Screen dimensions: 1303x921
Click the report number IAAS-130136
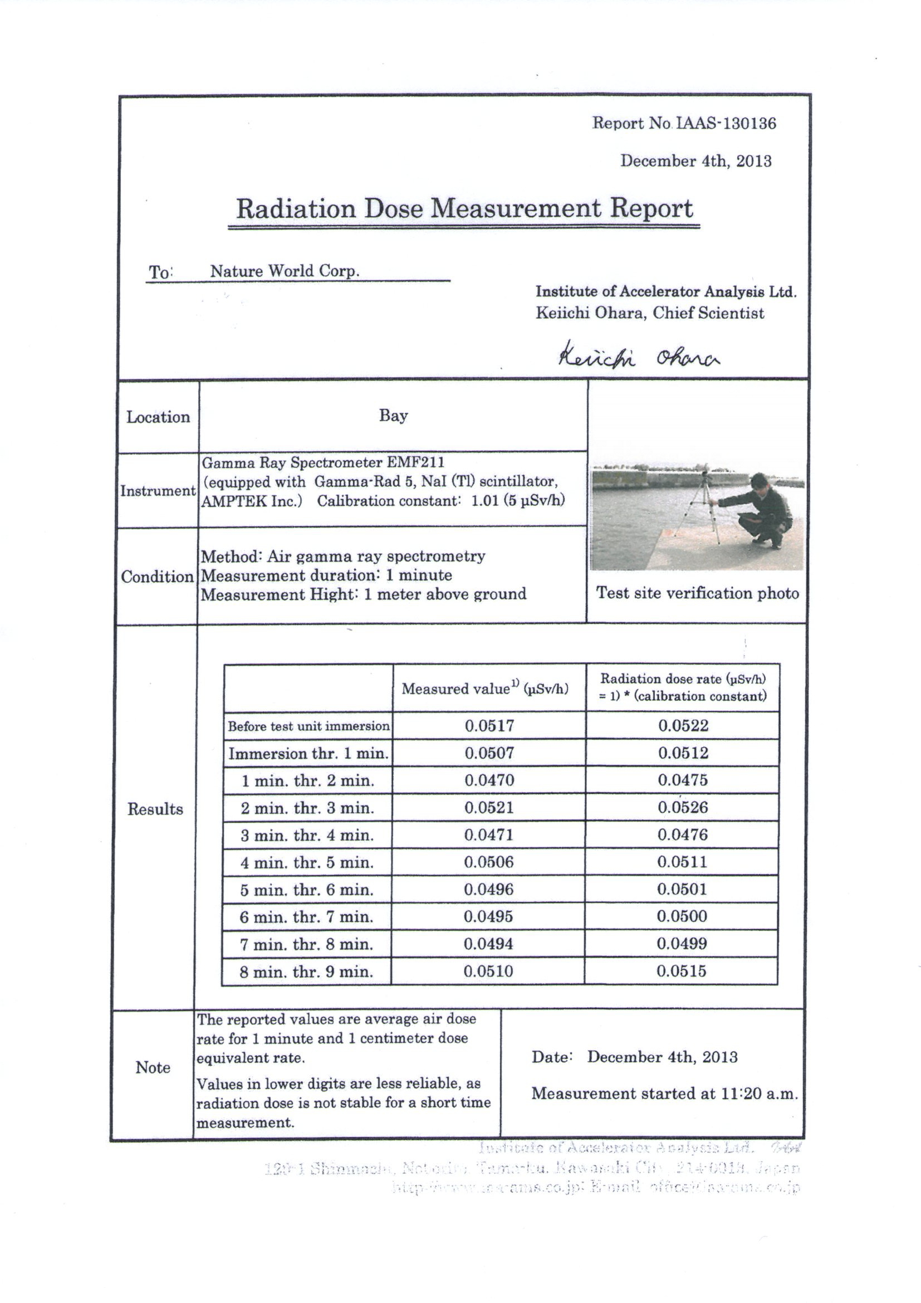pos(726,123)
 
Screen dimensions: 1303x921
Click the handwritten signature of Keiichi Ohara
pos(639,358)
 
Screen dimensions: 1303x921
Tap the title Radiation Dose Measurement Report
pos(464,208)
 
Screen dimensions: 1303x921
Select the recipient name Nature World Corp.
pos(285,271)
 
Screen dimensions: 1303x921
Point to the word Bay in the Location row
pos(393,416)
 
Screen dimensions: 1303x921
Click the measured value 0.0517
pos(489,725)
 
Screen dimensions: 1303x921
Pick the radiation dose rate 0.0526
pos(683,807)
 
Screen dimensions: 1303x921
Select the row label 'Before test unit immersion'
pos(308,726)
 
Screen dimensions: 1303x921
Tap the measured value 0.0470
pos(489,780)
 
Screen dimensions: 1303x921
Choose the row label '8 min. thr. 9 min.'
pos(306,972)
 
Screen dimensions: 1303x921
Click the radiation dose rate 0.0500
pos(682,916)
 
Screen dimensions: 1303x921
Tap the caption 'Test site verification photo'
pos(697,593)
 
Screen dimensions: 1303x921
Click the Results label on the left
pos(155,809)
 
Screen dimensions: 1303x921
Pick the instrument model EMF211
pos(417,462)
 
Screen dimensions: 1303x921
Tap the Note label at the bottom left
pos(153,1067)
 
